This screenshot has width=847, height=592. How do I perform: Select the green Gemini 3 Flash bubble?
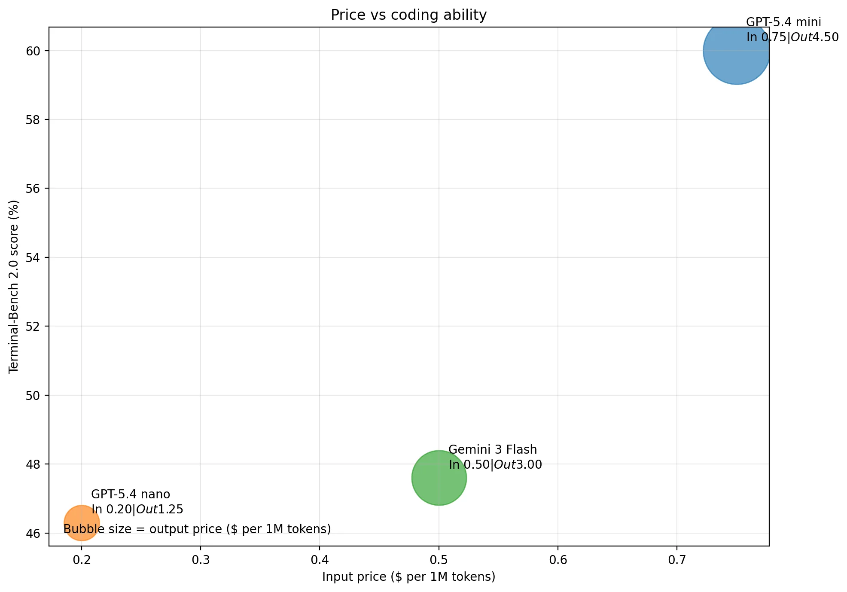pyautogui.click(x=439, y=478)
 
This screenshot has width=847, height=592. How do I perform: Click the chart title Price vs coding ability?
pyautogui.click(x=408, y=15)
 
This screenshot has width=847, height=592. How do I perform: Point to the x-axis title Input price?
pyautogui.click(x=408, y=577)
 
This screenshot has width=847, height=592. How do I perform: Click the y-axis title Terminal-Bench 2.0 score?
pyautogui.click(x=14, y=287)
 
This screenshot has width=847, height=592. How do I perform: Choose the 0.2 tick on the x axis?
pyautogui.click(x=82, y=560)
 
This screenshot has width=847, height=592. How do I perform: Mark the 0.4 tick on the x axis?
pyautogui.click(x=320, y=560)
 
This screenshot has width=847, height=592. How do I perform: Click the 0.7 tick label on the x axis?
pyautogui.click(x=676, y=560)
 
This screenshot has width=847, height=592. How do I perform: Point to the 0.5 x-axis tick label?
pyautogui.click(x=439, y=560)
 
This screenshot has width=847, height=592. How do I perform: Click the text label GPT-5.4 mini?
pyautogui.click(x=783, y=22)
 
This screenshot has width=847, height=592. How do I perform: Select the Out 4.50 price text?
pyautogui.click(x=814, y=37)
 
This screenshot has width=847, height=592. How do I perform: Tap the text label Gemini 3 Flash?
pyautogui.click(x=493, y=450)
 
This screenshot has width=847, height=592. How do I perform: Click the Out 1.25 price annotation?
pyautogui.click(x=160, y=510)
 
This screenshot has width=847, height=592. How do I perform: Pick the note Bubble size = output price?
pyautogui.click(x=197, y=529)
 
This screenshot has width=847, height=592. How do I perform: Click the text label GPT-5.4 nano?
pyautogui.click(x=131, y=494)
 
